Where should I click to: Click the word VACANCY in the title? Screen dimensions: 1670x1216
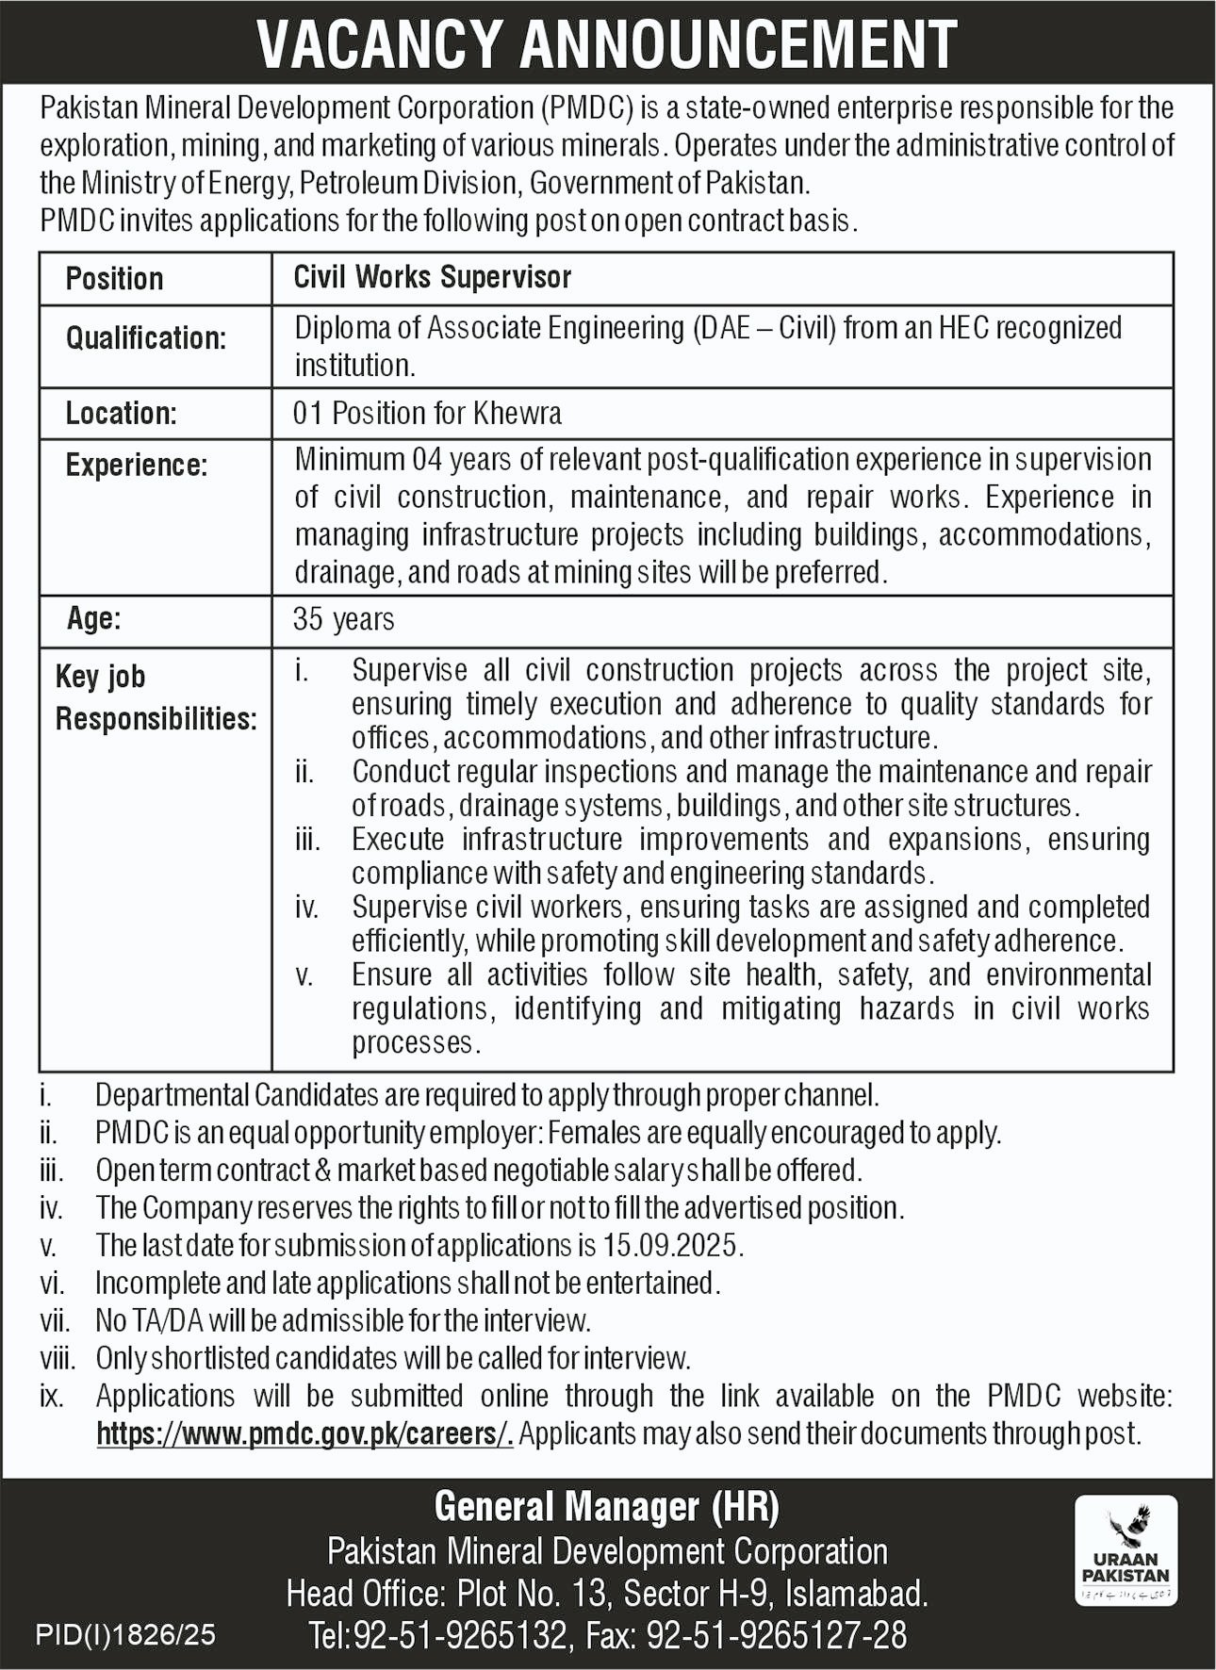[380, 44]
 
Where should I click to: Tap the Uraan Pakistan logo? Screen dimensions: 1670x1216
[1126, 1549]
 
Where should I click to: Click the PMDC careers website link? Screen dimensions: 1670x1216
[304, 1433]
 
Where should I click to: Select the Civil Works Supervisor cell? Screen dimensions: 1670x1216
[433, 277]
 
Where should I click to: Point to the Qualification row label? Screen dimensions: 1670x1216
[146, 337]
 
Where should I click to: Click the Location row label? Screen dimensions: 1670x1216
[121, 413]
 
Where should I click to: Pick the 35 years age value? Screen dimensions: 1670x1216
[343, 619]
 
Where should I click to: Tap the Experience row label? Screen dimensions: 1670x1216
[136, 465]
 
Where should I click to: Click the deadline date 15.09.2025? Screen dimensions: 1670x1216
[670, 1245]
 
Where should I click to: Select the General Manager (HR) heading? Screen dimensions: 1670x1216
[606, 1507]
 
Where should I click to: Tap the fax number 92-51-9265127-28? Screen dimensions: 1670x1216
[776, 1635]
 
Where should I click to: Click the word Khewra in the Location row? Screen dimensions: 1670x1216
[518, 413]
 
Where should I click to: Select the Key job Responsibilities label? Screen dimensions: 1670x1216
[156, 697]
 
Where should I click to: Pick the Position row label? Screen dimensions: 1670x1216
[114, 278]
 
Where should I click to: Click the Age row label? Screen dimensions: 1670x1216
[93, 619]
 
